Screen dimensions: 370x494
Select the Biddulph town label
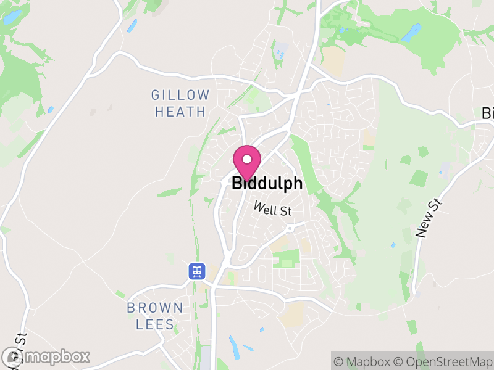click(267, 183)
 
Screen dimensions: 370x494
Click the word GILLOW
click(180, 96)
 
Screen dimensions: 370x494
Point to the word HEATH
click(180, 112)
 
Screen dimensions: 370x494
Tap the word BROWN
click(155, 307)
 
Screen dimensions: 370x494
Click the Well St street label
click(273, 210)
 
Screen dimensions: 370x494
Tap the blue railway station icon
click(197, 271)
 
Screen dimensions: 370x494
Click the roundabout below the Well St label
click(288, 228)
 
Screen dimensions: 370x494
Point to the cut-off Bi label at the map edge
click(487, 113)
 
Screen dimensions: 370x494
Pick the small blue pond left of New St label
click(393, 245)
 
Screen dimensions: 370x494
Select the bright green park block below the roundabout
click(286, 259)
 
